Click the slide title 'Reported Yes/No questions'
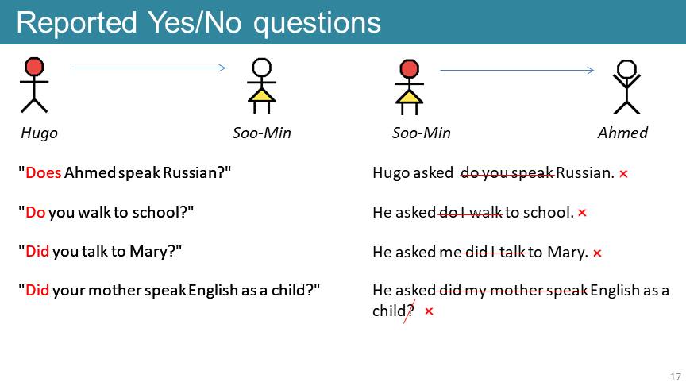(198, 23)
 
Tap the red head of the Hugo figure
(34, 67)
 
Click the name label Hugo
(40, 133)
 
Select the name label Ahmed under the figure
(622, 133)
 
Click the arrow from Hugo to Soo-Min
(148, 68)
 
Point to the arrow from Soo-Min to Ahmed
(517, 70)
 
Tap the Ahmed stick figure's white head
(626, 69)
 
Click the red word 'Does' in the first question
(44, 172)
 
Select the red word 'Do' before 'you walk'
(36, 212)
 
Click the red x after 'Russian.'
(623, 174)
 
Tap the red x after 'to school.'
(582, 213)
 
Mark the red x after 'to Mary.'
(597, 253)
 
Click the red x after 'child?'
(429, 311)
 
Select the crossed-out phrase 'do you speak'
(507, 173)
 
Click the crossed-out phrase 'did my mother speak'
(513, 290)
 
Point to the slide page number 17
(676, 376)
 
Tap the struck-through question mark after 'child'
(410, 311)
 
